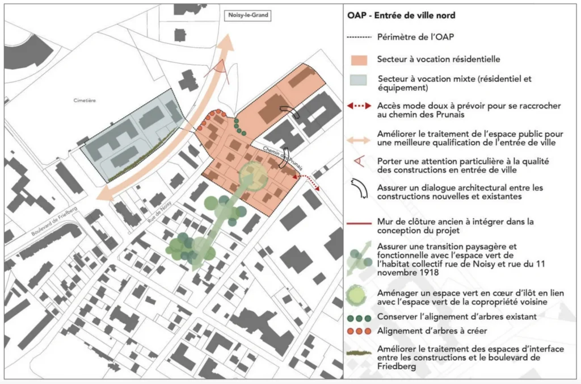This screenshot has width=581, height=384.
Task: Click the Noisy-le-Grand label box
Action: [248, 15]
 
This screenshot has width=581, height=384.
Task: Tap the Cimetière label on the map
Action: [85, 100]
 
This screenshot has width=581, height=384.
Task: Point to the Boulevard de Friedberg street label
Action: [54, 221]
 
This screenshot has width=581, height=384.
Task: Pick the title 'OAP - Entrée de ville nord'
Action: [401, 15]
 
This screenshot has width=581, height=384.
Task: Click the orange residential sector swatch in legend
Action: [359, 60]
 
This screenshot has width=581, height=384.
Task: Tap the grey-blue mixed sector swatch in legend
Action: [359, 80]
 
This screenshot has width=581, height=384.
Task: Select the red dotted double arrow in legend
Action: [359, 106]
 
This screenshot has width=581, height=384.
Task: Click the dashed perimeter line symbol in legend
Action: [359, 37]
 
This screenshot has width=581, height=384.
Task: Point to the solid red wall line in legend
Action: [359, 223]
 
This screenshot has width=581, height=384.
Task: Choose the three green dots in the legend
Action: [359, 318]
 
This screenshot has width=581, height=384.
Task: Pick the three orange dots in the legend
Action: [359, 331]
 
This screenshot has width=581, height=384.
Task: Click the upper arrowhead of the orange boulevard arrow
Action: [228, 43]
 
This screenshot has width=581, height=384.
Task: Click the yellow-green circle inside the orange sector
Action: [253, 176]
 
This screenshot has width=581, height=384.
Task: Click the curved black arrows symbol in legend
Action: [359, 189]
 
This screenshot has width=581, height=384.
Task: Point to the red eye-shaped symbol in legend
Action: [359, 161]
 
